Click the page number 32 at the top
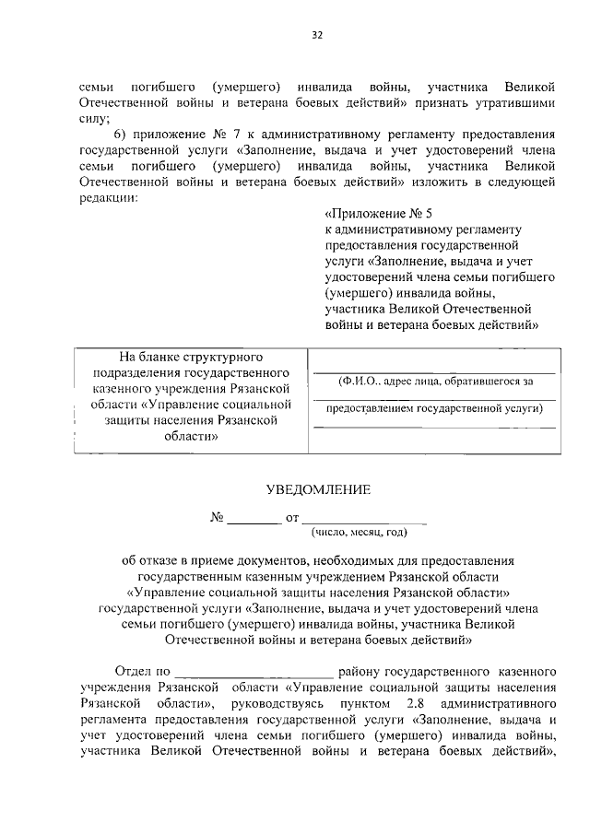[x=316, y=35]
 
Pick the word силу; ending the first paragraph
[x=94, y=119]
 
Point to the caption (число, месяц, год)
[x=360, y=533]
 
